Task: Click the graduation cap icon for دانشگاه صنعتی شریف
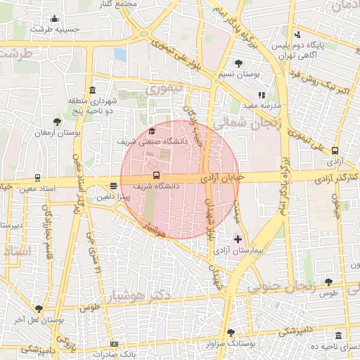152,131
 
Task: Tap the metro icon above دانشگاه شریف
156,175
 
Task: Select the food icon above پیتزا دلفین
114,186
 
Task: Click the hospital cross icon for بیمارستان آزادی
238,239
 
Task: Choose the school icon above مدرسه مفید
262,94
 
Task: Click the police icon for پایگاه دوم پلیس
298,34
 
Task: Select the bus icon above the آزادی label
335,150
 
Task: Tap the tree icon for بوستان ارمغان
57,122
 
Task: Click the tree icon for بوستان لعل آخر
39,309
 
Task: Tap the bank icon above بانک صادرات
115,344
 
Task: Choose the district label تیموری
163,89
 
